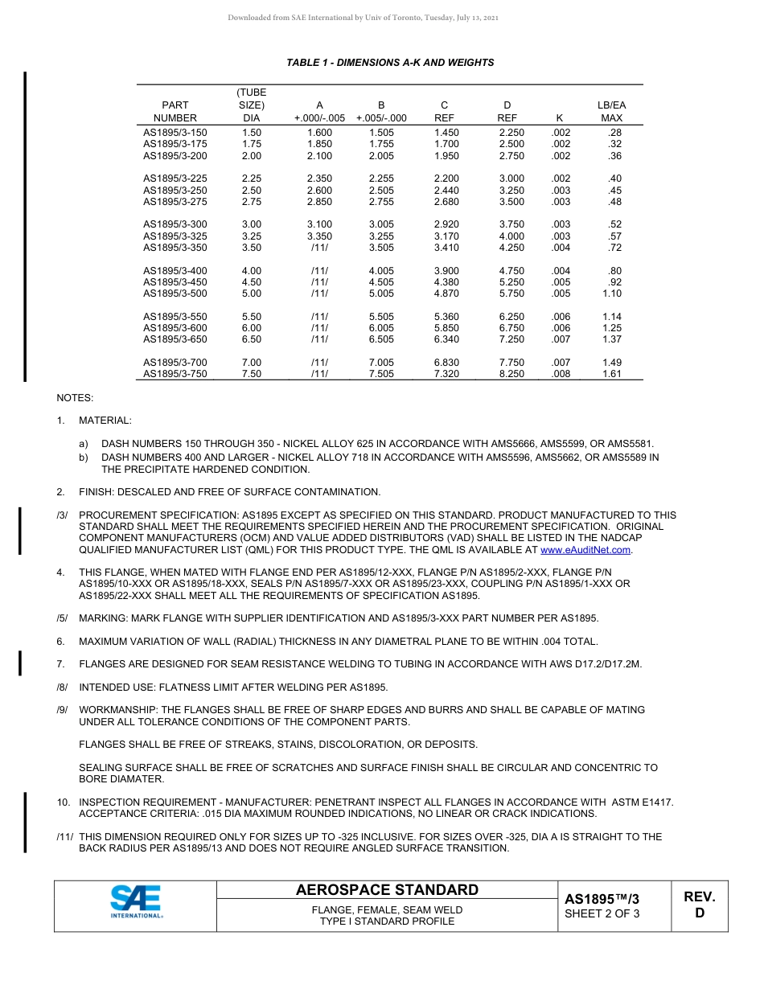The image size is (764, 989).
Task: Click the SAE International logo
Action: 136,901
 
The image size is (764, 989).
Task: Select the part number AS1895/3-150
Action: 175,133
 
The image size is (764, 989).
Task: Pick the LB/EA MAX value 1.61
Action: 612,374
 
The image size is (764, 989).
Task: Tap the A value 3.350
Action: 319,236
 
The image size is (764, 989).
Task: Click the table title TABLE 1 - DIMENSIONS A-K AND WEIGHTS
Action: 390,63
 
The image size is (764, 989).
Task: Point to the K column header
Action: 560,118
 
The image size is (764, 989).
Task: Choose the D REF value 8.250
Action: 511,374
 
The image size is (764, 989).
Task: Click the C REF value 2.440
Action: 446,191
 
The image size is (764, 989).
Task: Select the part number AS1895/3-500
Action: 175,294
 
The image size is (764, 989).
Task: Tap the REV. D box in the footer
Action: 699,905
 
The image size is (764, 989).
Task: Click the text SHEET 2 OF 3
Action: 602,913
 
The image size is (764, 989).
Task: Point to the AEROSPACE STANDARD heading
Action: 387,890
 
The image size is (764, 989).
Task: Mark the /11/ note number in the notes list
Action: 65,837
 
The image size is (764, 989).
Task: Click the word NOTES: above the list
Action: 75,398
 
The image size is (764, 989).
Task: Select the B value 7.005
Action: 381,363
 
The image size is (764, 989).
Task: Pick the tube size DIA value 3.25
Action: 252,236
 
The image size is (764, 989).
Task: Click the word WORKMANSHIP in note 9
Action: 117,710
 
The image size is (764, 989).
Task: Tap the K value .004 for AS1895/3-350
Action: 561,248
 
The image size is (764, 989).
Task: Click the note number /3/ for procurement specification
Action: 62,515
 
